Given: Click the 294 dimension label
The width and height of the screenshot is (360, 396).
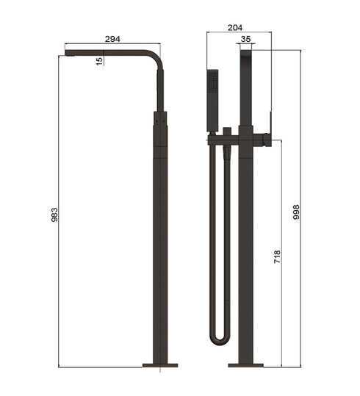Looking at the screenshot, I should tap(113, 38).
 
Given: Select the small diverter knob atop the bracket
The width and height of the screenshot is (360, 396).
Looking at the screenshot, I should tap(228, 130).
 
